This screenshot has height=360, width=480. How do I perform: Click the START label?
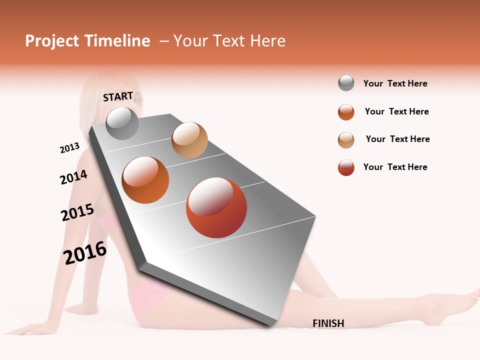(x=118, y=96)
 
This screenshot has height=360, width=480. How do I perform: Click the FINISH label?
(x=328, y=323)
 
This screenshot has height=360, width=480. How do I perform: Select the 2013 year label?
(x=69, y=148)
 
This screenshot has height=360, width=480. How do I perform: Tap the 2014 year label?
(x=73, y=177)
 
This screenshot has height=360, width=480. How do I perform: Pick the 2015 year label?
(x=77, y=212)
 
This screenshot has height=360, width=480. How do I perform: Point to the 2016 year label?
(x=85, y=252)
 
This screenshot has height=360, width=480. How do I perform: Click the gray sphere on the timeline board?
(x=122, y=123)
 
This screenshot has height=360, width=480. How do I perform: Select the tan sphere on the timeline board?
(x=189, y=140)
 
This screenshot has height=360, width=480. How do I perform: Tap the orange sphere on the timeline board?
(x=145, y=180)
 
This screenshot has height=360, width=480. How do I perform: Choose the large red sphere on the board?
(x=216, y=207)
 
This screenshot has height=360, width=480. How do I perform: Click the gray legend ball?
(x=346, y=83)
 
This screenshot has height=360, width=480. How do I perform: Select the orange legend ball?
(x=346, y=112)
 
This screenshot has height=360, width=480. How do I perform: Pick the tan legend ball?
(x=346, y=140)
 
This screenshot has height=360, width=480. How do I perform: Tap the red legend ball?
(x=346, y=167)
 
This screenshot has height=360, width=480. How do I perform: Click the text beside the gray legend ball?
(x=395, y=83)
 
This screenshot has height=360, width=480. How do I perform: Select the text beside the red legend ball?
(x=395, y=167)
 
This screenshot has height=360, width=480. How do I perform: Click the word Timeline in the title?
(x=117, y=41)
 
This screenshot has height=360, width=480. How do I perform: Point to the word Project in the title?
(x=52, y=41)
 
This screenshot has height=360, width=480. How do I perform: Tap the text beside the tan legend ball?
(x=397, y=139)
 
